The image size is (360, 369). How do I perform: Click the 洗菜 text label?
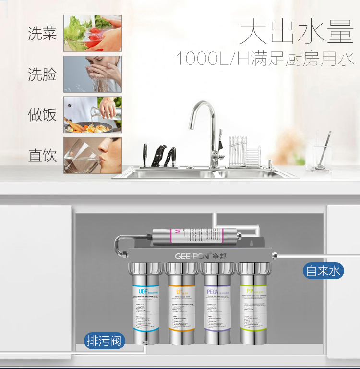coord(42,34)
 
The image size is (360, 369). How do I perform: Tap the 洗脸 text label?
coord(42,74)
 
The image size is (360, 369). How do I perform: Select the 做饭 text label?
coord(42,115)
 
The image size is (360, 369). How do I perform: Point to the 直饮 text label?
coord(42,156)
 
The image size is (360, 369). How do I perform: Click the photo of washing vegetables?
coord(93,33)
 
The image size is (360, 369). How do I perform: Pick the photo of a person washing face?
coord(93,74)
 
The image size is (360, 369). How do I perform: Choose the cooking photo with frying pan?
coord(93,114)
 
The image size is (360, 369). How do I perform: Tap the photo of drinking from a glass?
coord(93,155)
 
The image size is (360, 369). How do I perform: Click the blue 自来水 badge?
coord(324,271)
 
